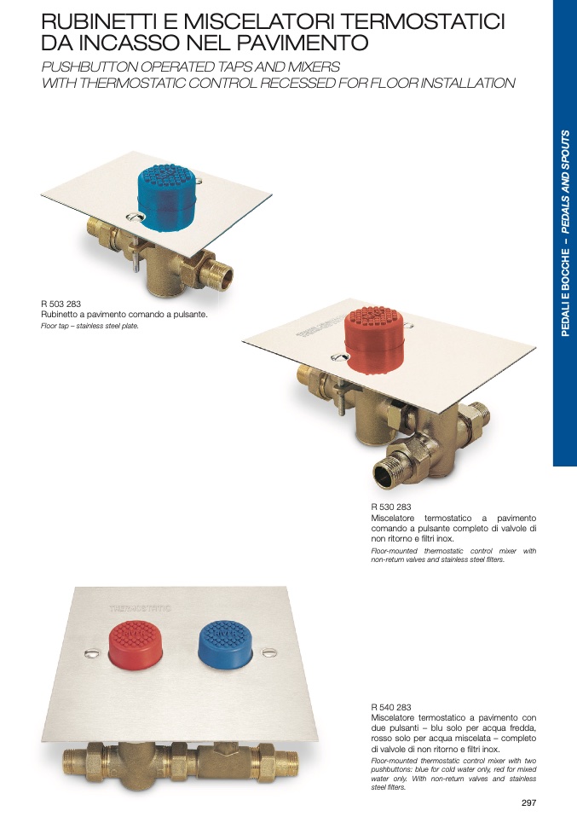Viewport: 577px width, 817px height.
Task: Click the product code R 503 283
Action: click(x=61, y=304)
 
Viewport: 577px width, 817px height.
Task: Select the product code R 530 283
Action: click(x=391, y=507)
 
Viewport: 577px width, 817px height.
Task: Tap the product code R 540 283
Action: click(x=391, y=707)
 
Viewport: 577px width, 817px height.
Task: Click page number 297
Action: click(x=528, y=803)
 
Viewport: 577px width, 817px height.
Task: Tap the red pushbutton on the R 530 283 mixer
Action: click(x=374, y=340)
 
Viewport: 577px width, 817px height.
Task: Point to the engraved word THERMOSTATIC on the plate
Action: click(x=140, y=608)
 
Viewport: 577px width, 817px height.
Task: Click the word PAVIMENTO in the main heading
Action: click(x=303, y=43)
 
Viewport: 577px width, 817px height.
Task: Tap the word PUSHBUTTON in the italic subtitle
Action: click(x=89, y=67)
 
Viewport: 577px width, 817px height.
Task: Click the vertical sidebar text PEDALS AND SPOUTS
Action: click(x=565, y=182)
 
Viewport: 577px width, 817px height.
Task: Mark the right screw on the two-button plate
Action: click(x=269, y=652)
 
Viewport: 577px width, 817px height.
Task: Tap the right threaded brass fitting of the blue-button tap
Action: click(x=218, y=274)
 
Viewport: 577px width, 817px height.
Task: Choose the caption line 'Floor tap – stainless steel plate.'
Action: click(x=89, y=326)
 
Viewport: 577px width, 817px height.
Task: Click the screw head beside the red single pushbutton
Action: click(x=339, y=357)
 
